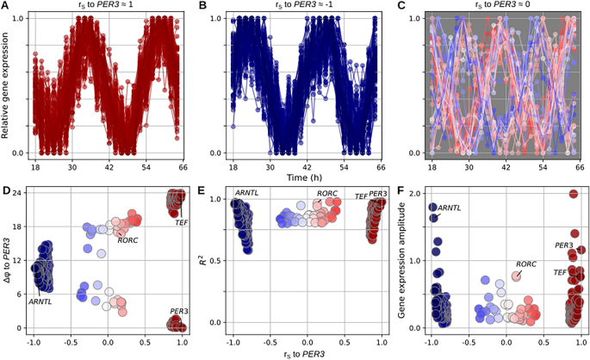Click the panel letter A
click(6, 6)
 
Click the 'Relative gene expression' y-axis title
click(7, 84)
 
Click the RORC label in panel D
click(127, 240)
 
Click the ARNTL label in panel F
click(450, 208)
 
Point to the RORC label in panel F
click(526, 264)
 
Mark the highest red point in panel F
click(573, 194)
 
